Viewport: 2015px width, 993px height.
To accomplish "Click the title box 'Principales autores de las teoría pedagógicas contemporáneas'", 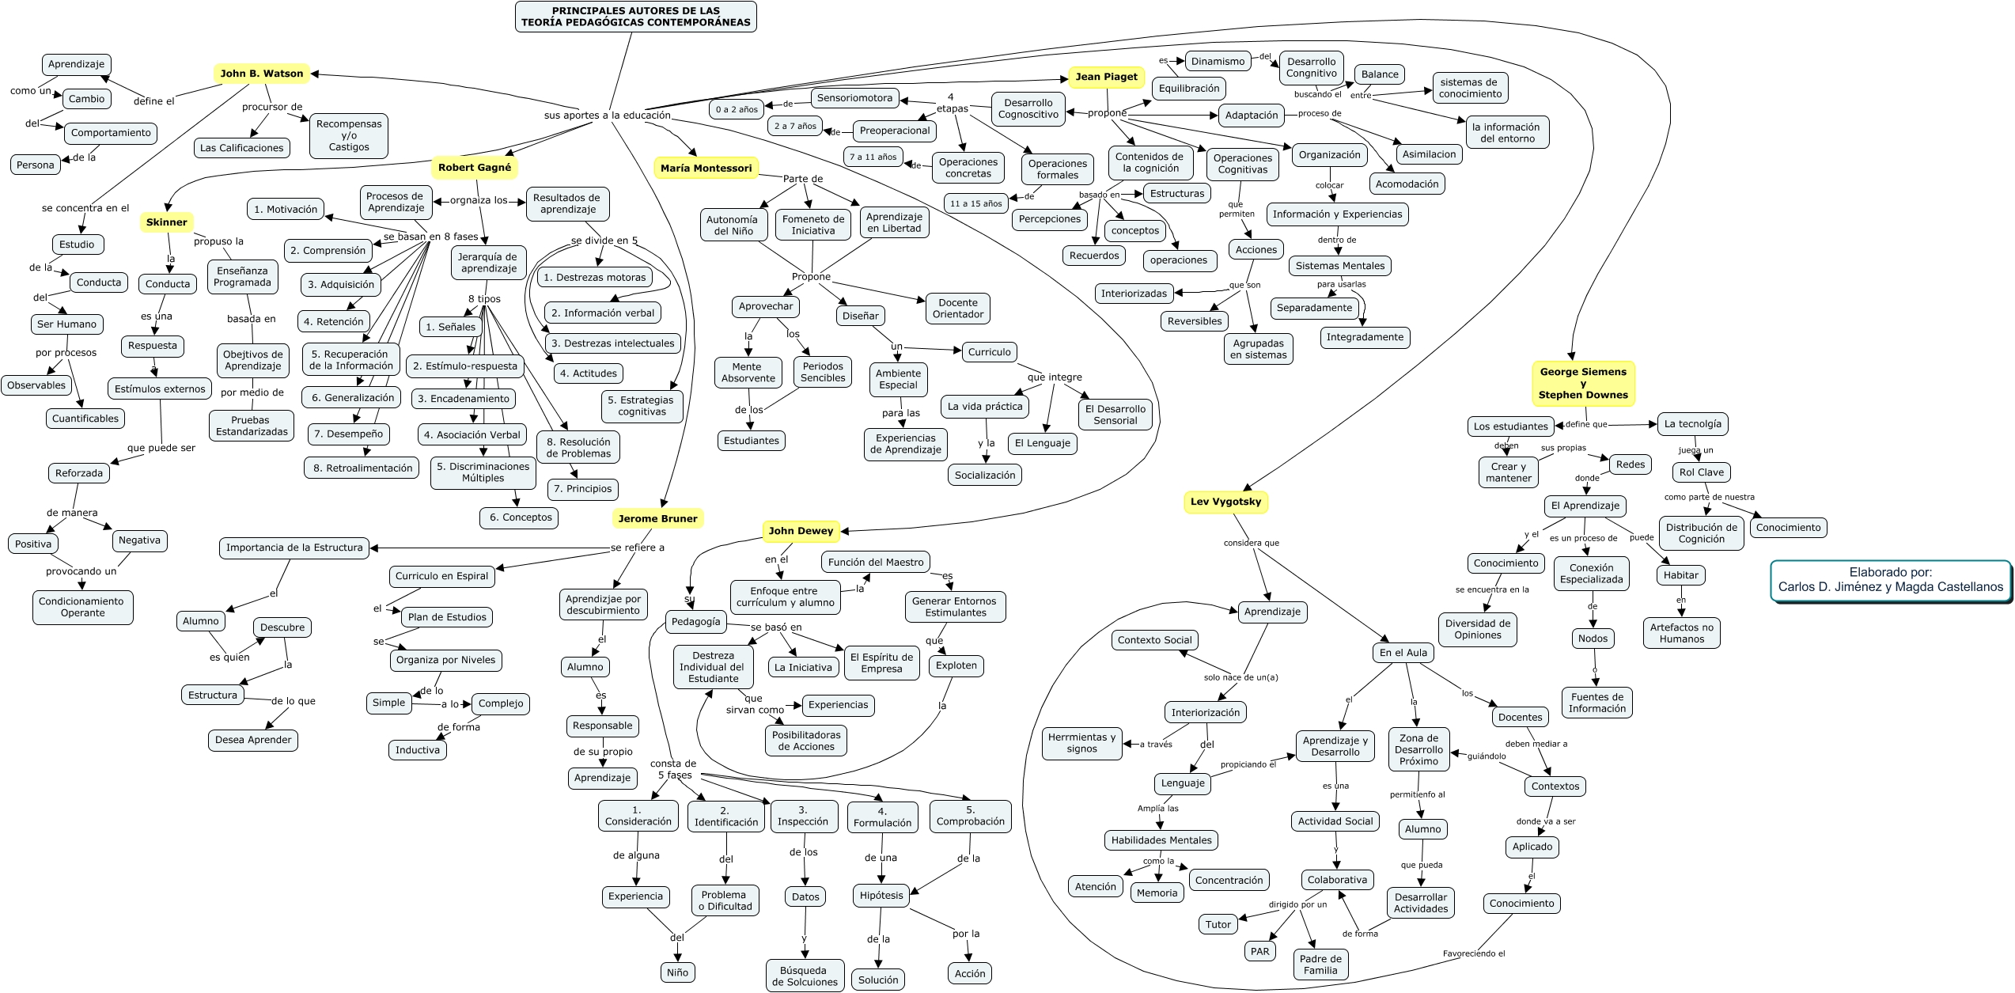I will [x=635, y=17].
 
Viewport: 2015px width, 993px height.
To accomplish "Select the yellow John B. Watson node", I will [x=261, y=74].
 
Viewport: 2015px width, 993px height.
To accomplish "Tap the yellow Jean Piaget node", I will [x=1106, y=77].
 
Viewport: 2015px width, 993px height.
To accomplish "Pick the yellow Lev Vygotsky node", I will [x=1225, y=502].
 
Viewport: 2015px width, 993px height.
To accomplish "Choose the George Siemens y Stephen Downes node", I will [x=1582, y=383].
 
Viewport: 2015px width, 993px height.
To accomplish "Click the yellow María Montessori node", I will [x=706, y=168].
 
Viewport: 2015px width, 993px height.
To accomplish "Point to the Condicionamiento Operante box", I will [x=81, y=607].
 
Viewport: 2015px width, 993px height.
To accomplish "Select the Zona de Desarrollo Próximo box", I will [x=1418, y=749].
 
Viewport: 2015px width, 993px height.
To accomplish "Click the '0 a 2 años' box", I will [x=737, y=109].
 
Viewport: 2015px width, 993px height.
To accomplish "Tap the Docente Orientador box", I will [x=957, y=309].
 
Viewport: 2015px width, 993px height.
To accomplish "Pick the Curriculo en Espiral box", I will [x=441, y=576].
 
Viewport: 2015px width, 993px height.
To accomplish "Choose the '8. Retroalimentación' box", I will [x=362, y=468].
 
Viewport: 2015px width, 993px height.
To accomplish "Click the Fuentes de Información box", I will [x=1596, y=703].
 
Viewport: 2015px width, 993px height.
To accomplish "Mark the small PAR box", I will [x=1259, y=951].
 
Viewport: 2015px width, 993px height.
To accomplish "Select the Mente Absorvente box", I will [x=748, y=373].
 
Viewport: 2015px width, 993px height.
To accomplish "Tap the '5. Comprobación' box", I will [x=970, y=816].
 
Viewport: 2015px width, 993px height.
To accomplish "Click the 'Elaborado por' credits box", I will [x=1890, y=580].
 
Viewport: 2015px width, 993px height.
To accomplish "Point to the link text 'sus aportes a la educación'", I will [x=607, y=116].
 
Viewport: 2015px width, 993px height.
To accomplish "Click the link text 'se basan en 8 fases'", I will [x=430, y=237].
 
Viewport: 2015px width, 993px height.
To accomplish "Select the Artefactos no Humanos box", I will [x=1681, y=633].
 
